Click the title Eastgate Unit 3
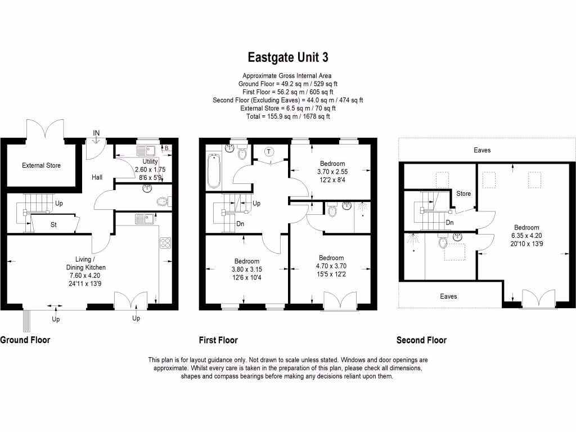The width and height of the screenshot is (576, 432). (x=287, y=57)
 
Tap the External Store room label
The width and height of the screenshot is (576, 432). (x=41, y=165)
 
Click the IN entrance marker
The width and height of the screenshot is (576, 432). (x=96, y=133)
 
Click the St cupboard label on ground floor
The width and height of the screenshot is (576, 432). (x=54, y=224)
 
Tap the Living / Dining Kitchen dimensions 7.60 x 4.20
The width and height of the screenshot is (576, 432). (x=83, y=276)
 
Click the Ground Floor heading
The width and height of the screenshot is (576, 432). (x=25, y=340)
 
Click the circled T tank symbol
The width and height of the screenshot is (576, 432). (x=269, y=152)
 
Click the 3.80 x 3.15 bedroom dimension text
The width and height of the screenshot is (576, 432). (x=246, y=269)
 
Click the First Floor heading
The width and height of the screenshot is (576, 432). (x=218, y=340)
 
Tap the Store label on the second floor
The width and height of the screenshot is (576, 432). (x=463, y=193)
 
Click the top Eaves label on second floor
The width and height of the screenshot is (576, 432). (x=482, y=150)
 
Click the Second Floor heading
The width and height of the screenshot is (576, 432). (x=421, y=340)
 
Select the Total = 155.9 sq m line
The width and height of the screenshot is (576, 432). (x=287, y=116)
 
